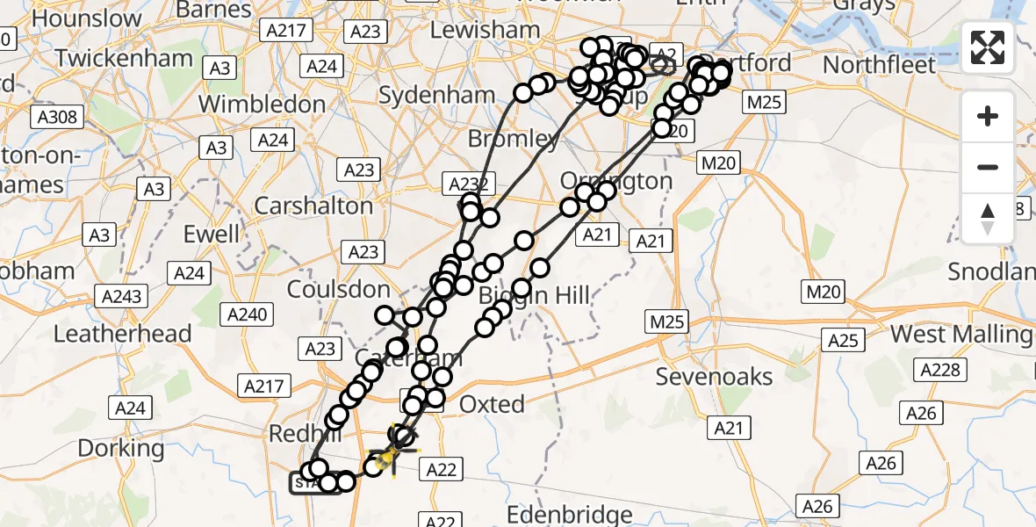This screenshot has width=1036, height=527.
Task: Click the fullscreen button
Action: coord(988,47)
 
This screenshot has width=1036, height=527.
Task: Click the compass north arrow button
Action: coord(988,218)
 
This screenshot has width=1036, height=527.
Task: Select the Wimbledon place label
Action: coord(262,104)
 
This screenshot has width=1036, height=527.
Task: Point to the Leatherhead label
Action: coord(122,334)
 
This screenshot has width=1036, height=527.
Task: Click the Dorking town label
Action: coord(120,448)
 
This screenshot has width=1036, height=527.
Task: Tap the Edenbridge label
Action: coord(571,515)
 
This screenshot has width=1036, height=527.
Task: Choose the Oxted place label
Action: coord(493,404)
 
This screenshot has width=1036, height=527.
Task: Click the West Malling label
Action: coord(960,335)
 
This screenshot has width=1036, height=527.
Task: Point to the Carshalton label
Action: coord(313,206)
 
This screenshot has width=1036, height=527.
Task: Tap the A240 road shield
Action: coord(250,314)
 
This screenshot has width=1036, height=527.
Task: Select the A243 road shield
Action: coord(122,296)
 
